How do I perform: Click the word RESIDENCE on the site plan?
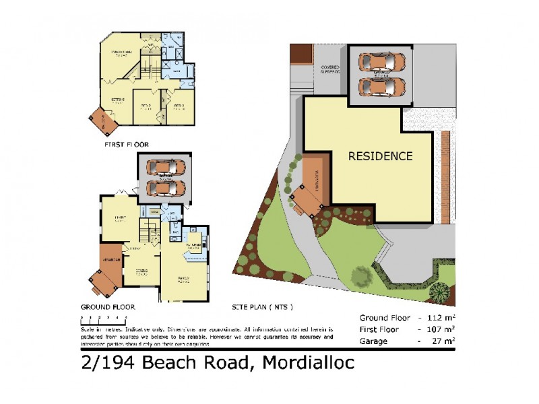click(380, 156)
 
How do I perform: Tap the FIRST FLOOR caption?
click(126, 144)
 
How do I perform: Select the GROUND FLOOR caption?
click(108, 306)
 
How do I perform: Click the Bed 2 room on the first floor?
click(145, 106)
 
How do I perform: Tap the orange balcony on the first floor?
click(105, 121)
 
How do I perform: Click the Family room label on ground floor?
click(183, 278)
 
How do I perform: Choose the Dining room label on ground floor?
click(141, 271)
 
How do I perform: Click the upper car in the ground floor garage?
click(164, 167)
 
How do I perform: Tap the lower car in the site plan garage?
click(381, 86)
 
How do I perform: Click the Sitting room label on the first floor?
click(118, 100)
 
